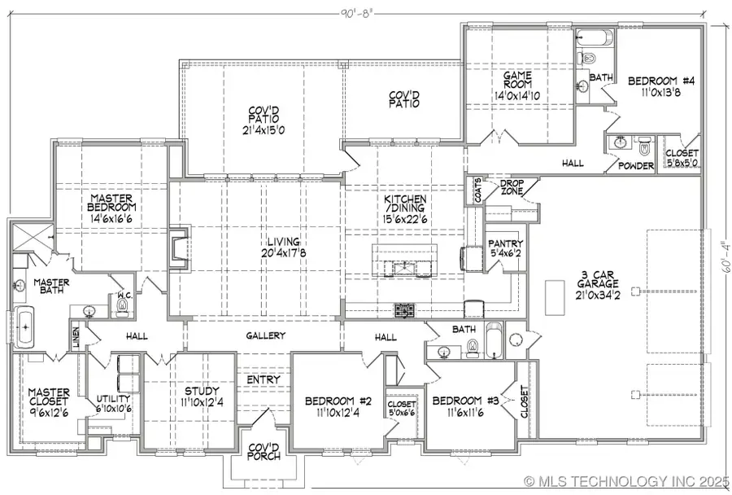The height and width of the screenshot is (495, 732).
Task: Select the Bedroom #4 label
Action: point(658,86)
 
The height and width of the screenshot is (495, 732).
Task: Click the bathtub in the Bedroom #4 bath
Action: point(591,37)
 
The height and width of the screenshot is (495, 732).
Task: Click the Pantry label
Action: point(504,248)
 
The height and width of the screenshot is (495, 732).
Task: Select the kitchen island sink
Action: point(404,266)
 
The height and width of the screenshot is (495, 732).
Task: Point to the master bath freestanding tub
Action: point(25,328)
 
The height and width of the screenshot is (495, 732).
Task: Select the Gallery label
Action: point(264,336)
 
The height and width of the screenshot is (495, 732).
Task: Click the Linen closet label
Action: point(76,335)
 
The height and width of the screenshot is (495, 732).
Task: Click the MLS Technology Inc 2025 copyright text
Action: point(625,480)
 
